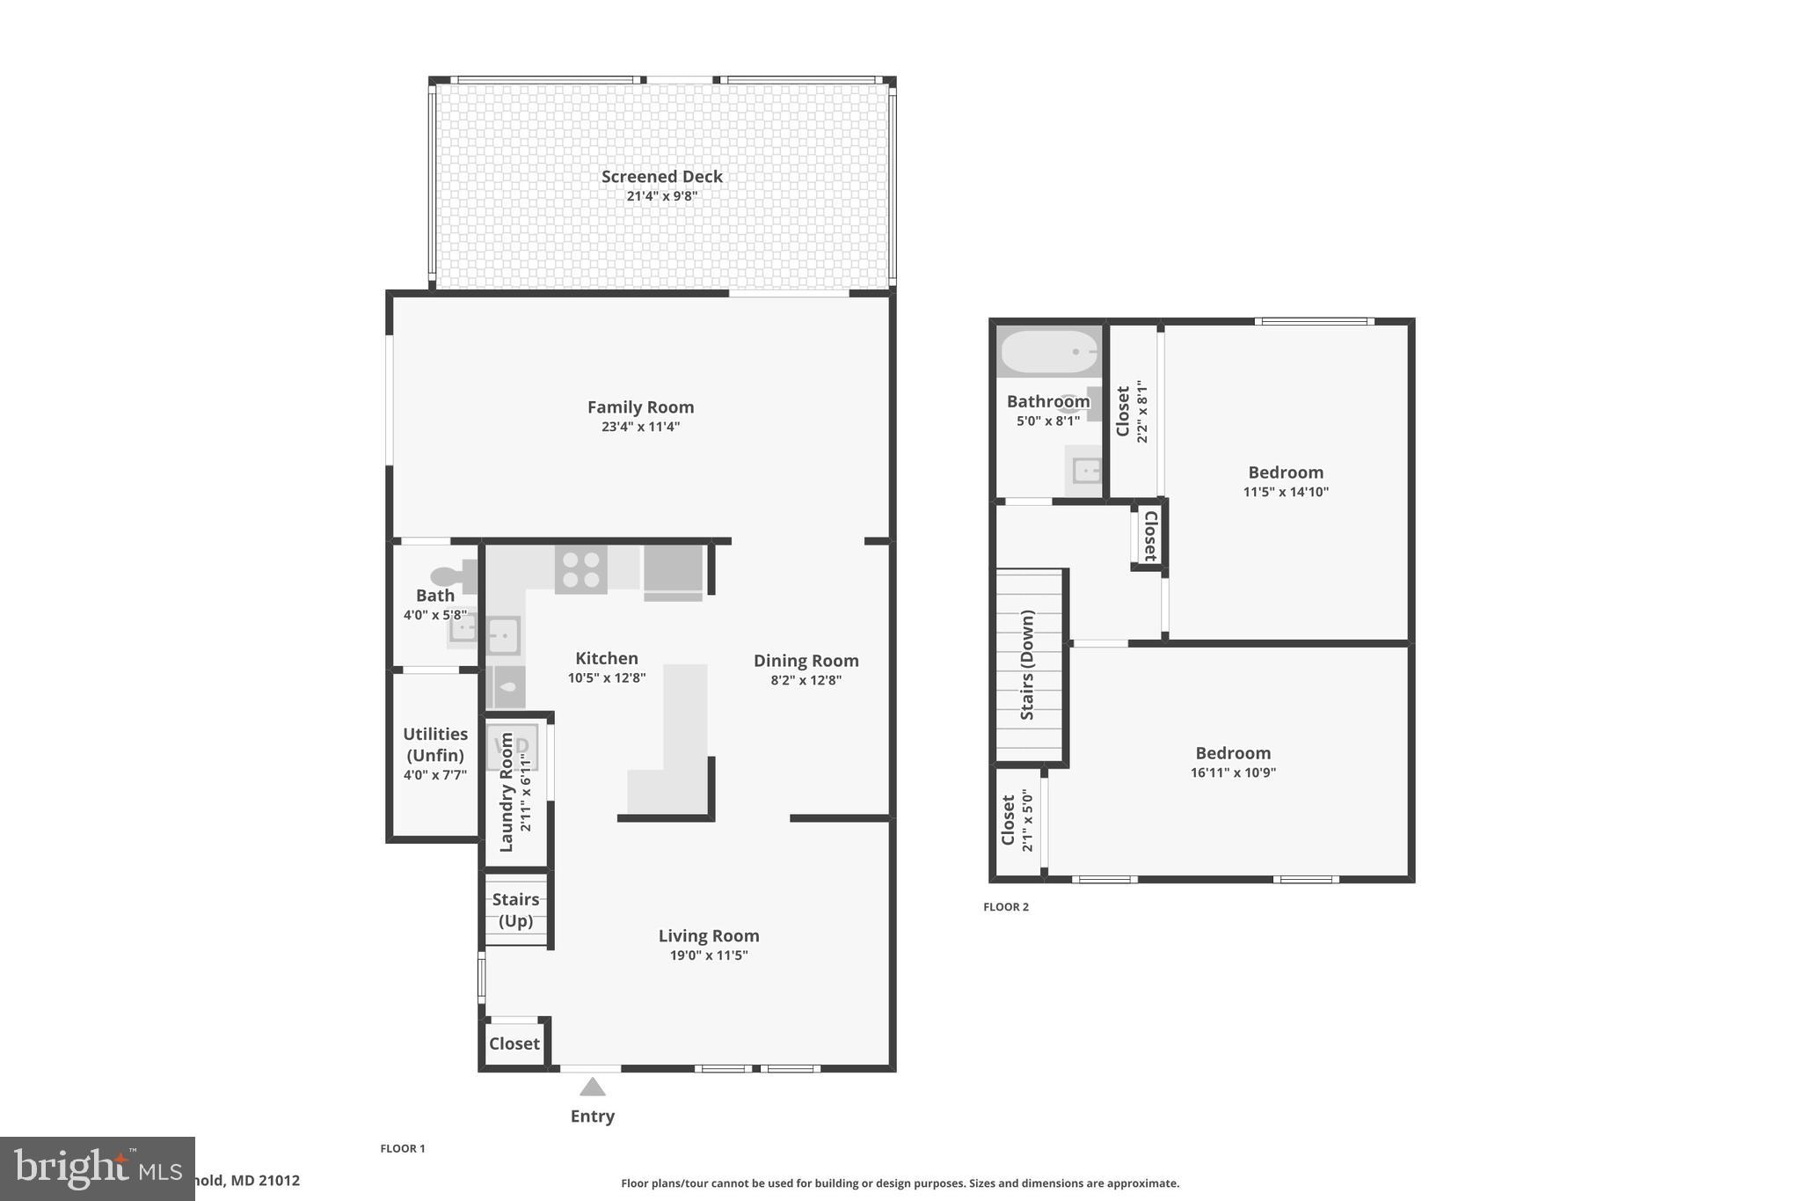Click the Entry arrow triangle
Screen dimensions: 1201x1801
(x=592, y=1087)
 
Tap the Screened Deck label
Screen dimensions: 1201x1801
(x=661, y=176)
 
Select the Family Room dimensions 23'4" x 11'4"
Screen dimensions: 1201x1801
(x=639, y=427)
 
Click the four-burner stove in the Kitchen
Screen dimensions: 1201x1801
(x=580, y=569)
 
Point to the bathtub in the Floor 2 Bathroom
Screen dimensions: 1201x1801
(x=1048, y=351)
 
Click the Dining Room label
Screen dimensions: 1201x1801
(x=806, y=661)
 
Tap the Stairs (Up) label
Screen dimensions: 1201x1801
(x=515, y=910)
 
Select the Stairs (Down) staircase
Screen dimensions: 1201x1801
(x=1028, y=666)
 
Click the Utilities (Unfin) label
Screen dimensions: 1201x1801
(x=435, y=744)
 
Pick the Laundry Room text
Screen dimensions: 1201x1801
(x=507, y=792)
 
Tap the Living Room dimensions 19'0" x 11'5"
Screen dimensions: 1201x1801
(x=708, y=956)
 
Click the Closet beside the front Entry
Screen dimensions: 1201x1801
(x=514, y=1044)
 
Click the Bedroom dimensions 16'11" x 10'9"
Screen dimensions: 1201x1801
(x=1232, y=773)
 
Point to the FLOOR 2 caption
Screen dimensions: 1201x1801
(x=1005, y=907)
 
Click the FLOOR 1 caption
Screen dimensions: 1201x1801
(x=402, y=1148)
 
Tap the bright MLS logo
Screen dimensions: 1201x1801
(x=97, y=1168)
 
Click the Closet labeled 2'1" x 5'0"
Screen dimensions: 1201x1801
(x=1017, y=820)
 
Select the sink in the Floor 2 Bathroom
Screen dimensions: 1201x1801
(x=1086, y=472)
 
